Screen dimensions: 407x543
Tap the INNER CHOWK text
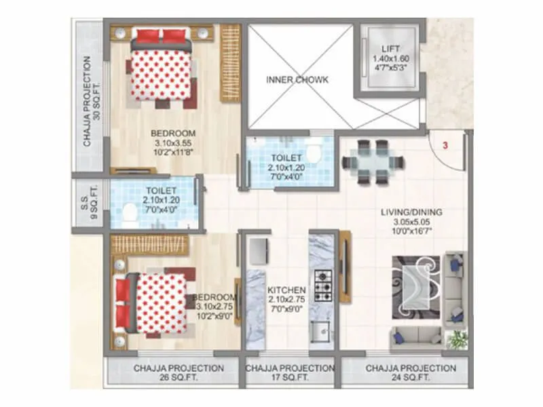[x=297, y=80]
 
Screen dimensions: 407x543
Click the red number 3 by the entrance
[x=445, y=145]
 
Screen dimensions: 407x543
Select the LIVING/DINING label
[x=411, y=212]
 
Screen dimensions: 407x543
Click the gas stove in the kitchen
[x=323, y=286]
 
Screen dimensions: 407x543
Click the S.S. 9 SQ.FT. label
[x=89, y=203]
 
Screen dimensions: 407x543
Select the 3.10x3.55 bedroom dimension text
[x=173, y=144]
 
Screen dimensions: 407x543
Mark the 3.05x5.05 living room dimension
[x=411, y=222]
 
